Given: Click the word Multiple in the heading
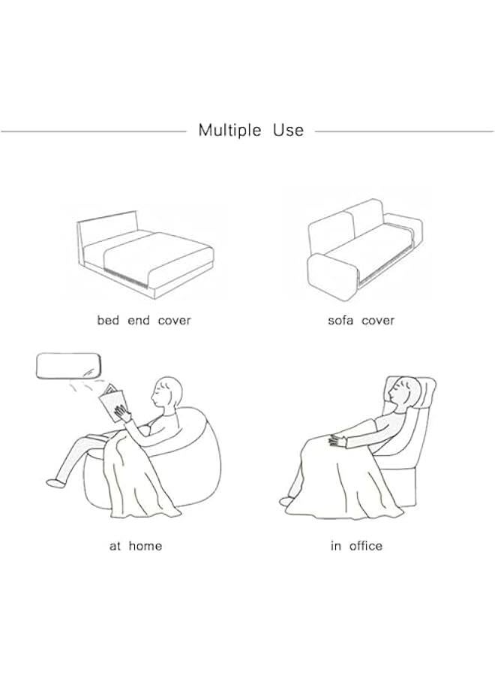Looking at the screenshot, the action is pyautogui.click(x=229, y=131).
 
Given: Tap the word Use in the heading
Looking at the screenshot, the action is pyautogui.click(x=289, y=130).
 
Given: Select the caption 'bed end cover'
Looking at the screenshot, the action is pyautogui.click(x=144, y=320).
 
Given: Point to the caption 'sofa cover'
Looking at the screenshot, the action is pyautogui.click(x=361, y=320).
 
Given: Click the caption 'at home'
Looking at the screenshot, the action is pyautogui.click(x=136, y=546).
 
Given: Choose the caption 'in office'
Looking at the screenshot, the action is pyautogui.click(x=356, y=546).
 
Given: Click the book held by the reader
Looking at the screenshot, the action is pyautogui.click(x=112, y=401).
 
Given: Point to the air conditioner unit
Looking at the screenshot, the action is pyautogui.click(x=69, y=367).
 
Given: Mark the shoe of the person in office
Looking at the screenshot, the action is pyautogui.click(x=286, y=501).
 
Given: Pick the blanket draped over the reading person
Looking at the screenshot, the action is pyautogui.click(x=130, y=478).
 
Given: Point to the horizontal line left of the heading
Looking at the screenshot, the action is pyautogui.click(x=94, y=131).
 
